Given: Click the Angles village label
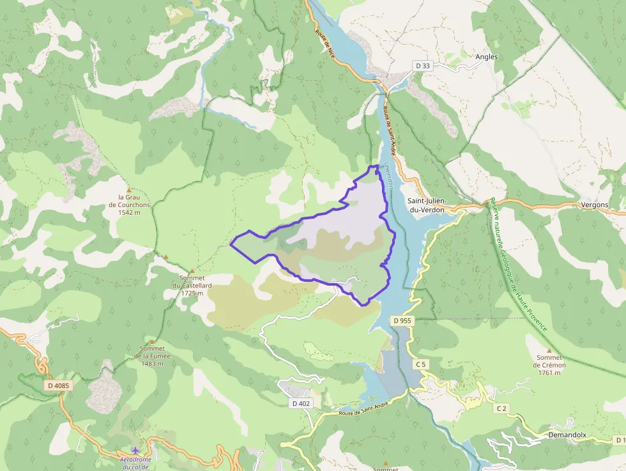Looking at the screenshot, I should coord(486,56).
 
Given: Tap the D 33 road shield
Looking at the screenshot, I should coord(423,65).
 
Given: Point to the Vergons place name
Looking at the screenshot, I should coord(595,205).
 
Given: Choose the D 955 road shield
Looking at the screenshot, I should coord(402,320).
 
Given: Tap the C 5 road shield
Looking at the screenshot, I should coord(420,364).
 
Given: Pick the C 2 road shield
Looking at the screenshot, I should coord(501,407).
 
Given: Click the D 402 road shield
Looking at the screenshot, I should coord(300,403).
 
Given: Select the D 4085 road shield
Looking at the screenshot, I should coord(58,385).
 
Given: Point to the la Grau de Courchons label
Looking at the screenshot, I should coord(129,205).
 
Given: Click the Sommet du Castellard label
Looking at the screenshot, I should coord(192,286).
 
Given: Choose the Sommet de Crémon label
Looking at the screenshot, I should coord(549,365).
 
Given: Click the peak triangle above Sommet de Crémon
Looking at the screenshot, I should coord(549,351).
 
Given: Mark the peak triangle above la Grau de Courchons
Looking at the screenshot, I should coord(129,190).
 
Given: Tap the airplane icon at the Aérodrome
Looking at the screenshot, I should coord(134,450).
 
